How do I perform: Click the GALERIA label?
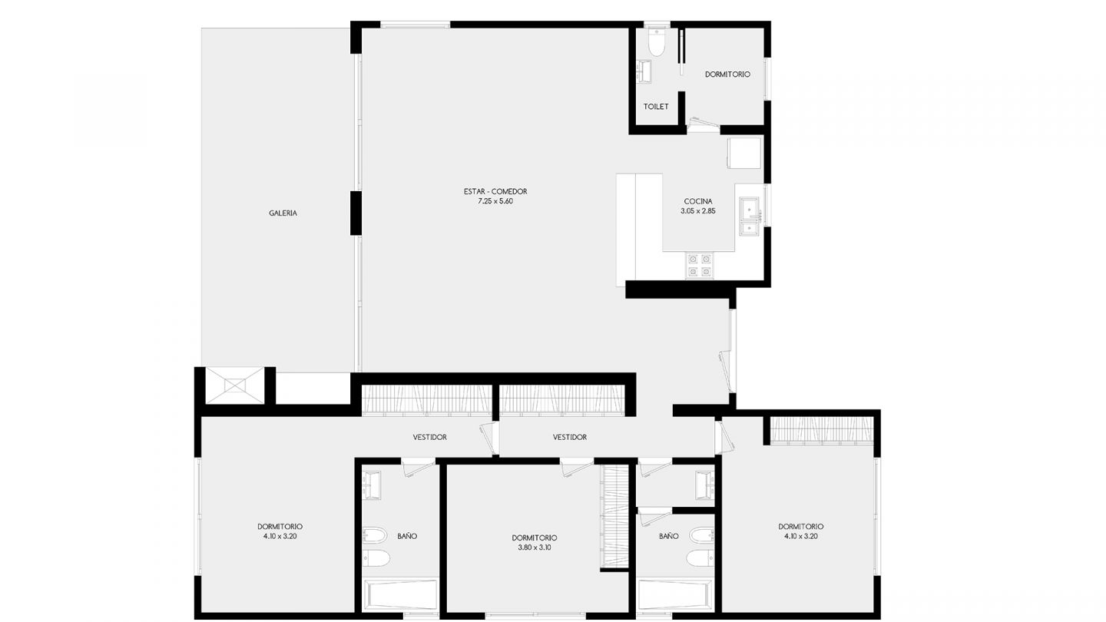pos(283,213)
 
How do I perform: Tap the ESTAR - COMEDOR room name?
pos(495,191)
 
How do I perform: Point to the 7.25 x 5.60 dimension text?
pos(495,201)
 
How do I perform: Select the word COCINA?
pos(698,201)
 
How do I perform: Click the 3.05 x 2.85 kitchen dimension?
pos(698,210)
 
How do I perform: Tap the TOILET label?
pos(656,107)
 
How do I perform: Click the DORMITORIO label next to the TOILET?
pos(727,74)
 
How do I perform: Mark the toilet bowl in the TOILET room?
pos(657,43)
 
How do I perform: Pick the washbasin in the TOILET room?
pos(644,71)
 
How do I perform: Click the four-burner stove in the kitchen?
pos(700,266)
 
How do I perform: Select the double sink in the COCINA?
pos(750,216)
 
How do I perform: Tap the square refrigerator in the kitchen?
pos(744,153)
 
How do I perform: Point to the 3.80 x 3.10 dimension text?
pos(535,548)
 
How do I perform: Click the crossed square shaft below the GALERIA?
pos(234,385)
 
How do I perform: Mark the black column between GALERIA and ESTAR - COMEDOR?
pos(356,213)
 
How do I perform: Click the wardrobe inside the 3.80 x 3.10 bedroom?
pos(614,516)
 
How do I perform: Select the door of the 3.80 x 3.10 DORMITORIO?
pos(576,467)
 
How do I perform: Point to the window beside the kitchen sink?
pos(767,205)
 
